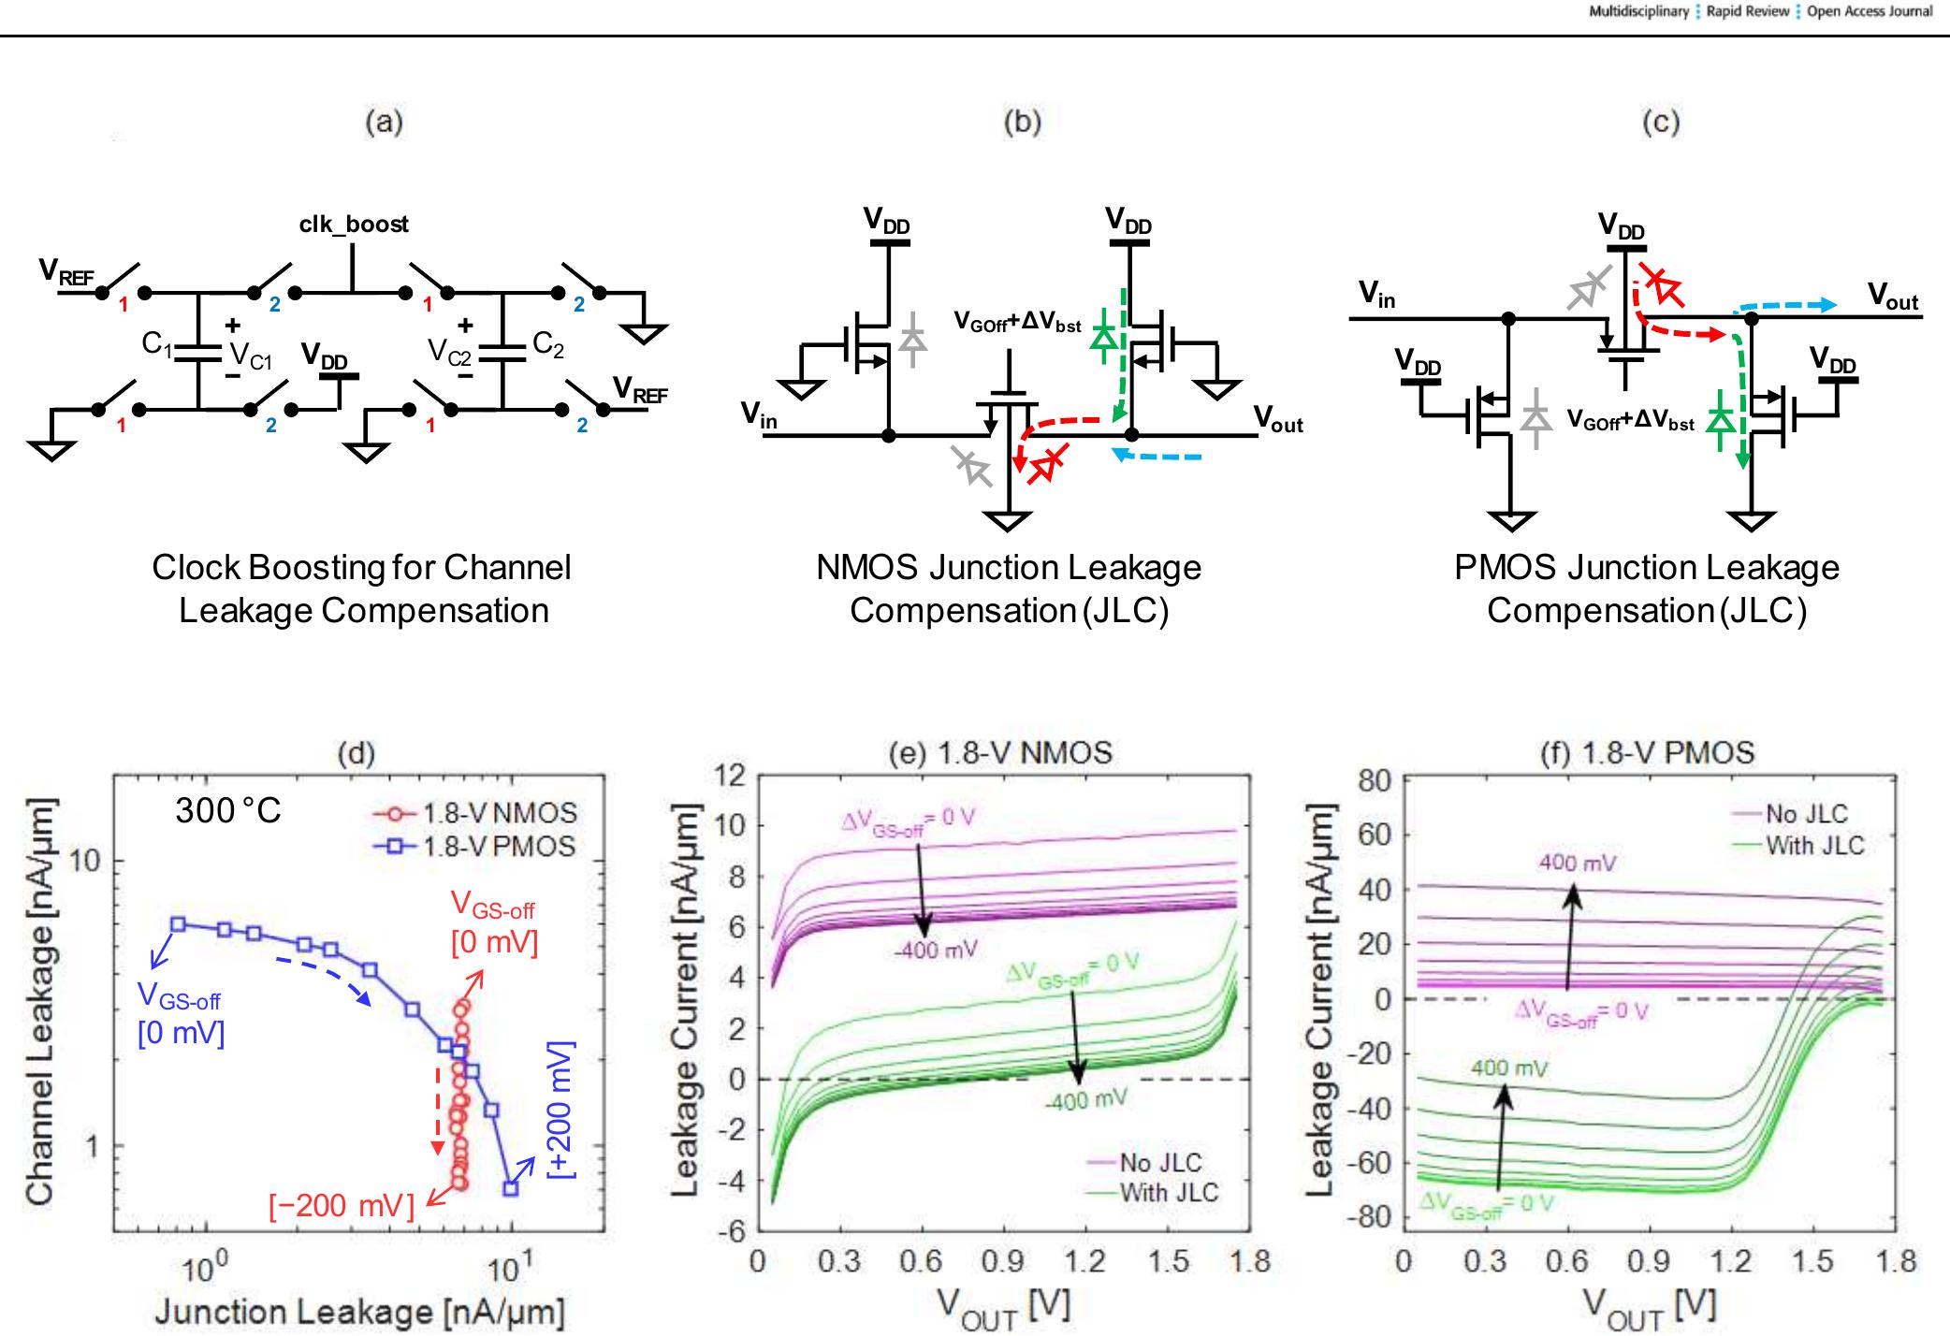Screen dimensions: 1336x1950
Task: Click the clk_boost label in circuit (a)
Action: [354, 225]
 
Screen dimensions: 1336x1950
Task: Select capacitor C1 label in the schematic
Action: [157, 344]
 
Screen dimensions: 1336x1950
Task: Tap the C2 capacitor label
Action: [548, 345]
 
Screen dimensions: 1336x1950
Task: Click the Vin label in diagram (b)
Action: [759, 414]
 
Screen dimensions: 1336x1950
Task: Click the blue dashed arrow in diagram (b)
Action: [1157, 457]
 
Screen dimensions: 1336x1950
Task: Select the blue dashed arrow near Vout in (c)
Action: [1783, 305]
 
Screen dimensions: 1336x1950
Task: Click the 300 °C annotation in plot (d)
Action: [227, 810]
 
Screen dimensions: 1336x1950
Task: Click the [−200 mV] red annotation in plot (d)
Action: [341, 1206]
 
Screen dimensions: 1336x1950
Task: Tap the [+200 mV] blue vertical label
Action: [560, 1109]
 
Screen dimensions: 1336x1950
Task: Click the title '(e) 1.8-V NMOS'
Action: [1000, 752]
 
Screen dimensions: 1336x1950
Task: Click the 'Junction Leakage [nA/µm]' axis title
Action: [359, 1311]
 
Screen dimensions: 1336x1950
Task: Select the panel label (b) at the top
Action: [1022, 122]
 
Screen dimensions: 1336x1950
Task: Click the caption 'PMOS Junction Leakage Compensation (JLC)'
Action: [1647, 588]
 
